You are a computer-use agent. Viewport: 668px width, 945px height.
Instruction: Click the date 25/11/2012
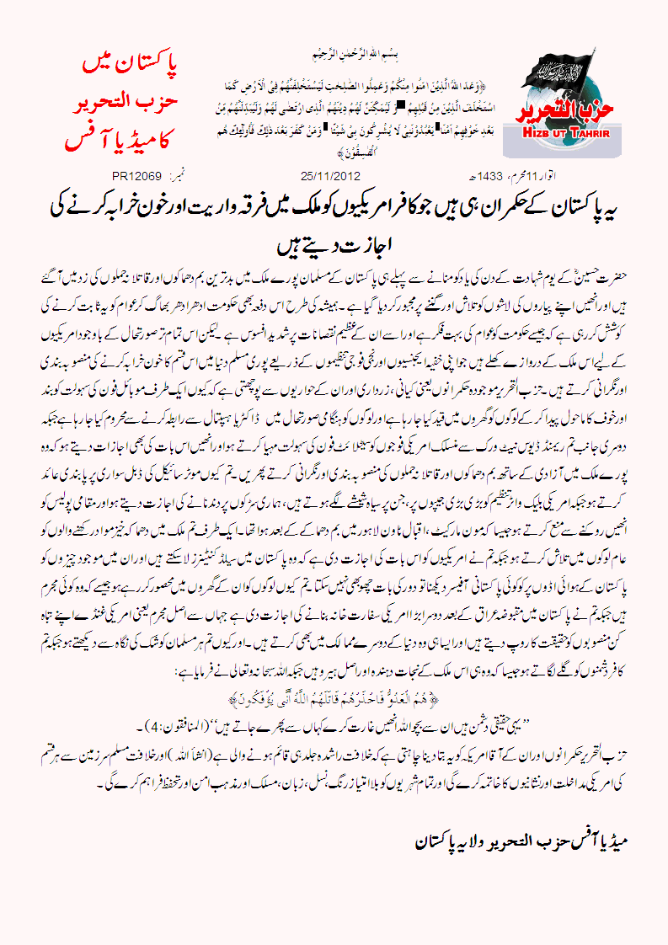330,177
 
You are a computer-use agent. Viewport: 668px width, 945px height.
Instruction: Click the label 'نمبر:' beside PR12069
178,177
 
